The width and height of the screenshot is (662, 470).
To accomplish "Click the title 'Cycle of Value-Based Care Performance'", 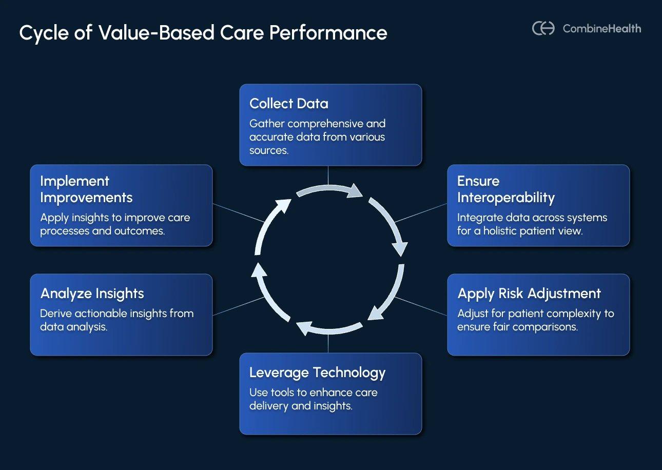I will (203, 33).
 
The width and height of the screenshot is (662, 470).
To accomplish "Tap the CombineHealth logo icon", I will (543, 28).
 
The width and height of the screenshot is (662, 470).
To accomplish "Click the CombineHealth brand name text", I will (601, 29).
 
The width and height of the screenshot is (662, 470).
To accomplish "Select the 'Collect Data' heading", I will (288, 104).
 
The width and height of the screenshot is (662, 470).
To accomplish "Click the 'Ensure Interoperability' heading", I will (505, 189).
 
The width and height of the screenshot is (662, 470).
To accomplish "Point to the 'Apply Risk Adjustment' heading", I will (529, 293).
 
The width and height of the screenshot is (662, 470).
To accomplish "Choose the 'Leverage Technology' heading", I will (317, 373).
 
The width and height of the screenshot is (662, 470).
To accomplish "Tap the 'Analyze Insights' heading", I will (92, 293).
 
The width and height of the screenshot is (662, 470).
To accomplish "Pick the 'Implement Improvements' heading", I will (86, 189).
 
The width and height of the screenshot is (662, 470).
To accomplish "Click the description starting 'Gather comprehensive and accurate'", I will (317, 137).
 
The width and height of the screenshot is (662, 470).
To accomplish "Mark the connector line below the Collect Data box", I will (328, 175).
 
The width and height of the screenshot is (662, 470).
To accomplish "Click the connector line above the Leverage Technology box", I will (328, 343).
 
